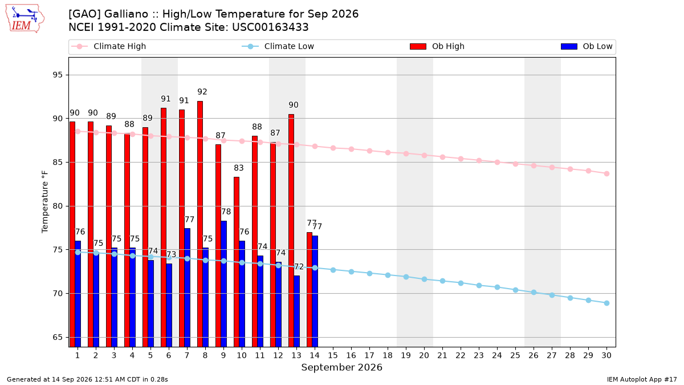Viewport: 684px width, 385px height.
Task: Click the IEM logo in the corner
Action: [x=25, y=18]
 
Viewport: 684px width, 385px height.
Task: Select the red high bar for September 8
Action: [x=200, y=224]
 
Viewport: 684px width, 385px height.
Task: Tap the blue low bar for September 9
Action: [x=224, y=284]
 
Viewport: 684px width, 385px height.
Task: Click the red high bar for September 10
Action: [x=237, y=262]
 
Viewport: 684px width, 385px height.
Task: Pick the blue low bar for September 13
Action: [x=297, y=311]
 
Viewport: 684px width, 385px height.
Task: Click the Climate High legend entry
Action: [x=109, y=46]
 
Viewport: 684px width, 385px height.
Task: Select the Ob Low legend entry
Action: [x=587, y=46]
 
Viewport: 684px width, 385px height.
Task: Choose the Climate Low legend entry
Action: [x=278, y=46]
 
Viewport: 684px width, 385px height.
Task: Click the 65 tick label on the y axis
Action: [x=58, y=337]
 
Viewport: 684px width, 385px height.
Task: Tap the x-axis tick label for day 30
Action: [x=606, y=355]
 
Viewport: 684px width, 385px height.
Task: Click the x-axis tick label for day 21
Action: [x=442, y=355]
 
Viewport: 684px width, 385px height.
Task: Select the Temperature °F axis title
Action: [x=45, y=202]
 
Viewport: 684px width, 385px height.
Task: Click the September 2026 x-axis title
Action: [x=341, y=367]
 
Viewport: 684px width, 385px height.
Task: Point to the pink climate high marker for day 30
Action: [x=606, y=173]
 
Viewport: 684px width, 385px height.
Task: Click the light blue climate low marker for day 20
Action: [x=424, y=279]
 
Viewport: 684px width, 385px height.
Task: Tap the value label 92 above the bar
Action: [x=202, y=92]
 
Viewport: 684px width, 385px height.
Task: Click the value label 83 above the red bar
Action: [x=239, y=168]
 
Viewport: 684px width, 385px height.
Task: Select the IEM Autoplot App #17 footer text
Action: [x=642, y=379]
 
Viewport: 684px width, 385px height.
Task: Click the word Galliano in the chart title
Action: [x=126, y=14]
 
